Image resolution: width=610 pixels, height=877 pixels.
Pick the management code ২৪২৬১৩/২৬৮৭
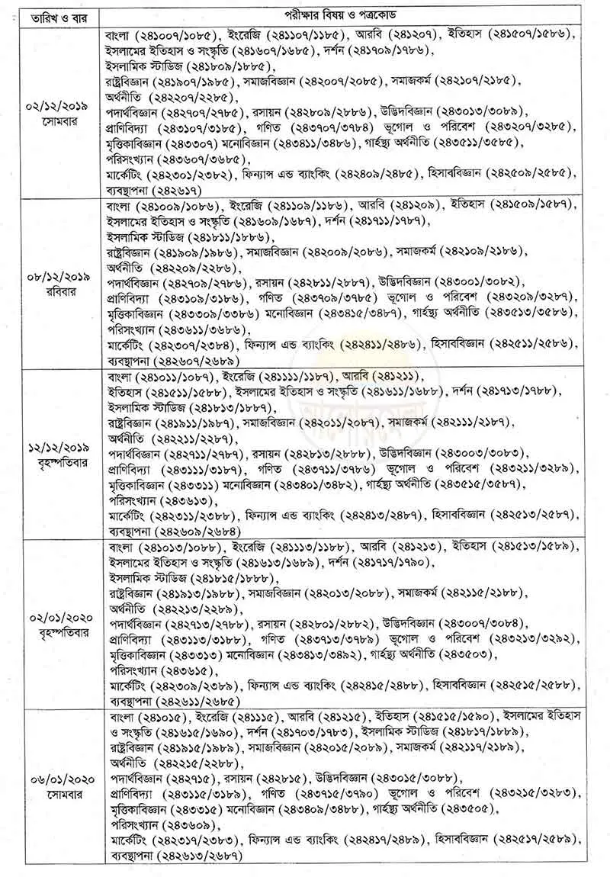pyautogui.click(x=199, y=856)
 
